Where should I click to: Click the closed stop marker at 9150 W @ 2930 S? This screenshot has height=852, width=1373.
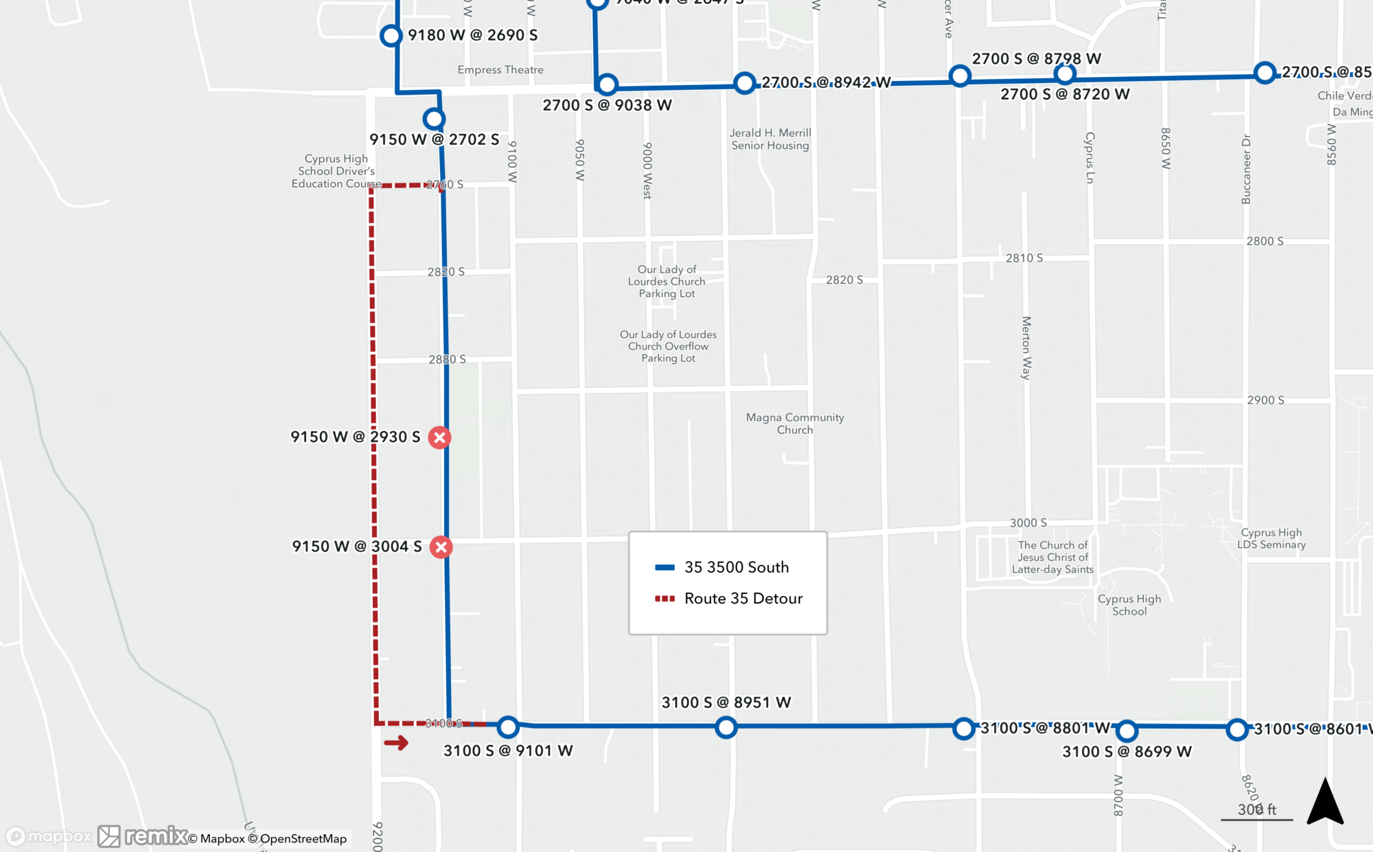439,437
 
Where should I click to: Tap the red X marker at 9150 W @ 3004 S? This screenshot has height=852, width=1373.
441,547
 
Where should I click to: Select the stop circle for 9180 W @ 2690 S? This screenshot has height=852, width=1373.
391,36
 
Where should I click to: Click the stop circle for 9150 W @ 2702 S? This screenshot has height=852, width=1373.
433,119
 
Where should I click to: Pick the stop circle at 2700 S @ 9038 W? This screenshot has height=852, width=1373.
607,85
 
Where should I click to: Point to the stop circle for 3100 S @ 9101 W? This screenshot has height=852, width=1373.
508,726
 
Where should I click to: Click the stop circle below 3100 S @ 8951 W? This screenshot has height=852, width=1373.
726,727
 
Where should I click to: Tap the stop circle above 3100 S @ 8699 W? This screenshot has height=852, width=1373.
1127,731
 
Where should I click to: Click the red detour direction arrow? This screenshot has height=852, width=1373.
396,743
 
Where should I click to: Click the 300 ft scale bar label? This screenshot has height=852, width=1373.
1256,809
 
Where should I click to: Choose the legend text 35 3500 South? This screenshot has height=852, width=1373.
736,567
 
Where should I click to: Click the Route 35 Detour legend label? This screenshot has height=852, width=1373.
743,598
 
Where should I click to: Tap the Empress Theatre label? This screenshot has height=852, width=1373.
500,70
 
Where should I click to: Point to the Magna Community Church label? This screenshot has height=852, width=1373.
795,423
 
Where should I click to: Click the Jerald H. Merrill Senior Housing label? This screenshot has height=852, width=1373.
770,139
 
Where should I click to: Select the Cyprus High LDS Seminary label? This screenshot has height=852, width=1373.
1271,539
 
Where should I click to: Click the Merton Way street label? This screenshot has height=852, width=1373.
1026,348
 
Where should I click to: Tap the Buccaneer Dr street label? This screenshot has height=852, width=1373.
1246,169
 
